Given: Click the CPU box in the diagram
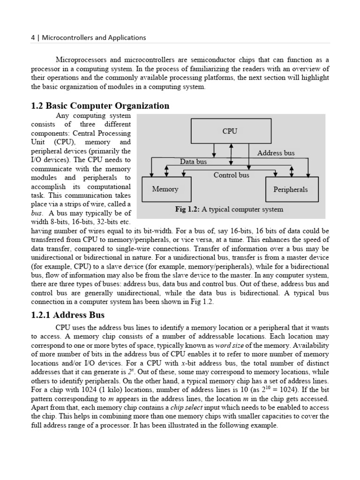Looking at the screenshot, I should click(231, 131).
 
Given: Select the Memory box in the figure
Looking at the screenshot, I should click(165, 189).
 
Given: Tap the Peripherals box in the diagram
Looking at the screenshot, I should click(291, 189).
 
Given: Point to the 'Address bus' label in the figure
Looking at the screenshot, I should click(276, 153).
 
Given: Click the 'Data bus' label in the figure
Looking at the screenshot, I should click(194, 162).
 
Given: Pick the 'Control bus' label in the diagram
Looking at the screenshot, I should click(232, 175).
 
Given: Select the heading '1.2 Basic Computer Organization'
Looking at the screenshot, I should click(100, 105).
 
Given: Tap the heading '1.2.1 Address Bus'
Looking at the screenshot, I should click(67, 315).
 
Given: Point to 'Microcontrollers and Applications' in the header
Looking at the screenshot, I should click(94, 37).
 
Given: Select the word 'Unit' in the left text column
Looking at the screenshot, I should click(37, 142).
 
